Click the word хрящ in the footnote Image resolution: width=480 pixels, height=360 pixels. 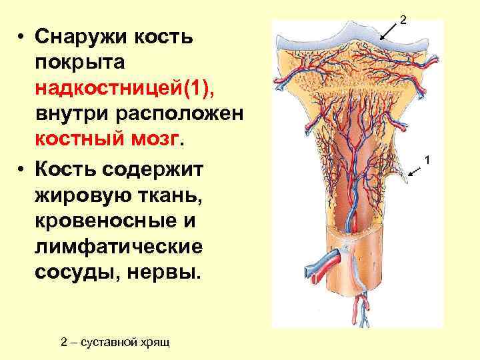coord(156,342)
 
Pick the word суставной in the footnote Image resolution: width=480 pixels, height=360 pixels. coord(113,342)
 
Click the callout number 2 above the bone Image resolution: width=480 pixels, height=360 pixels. coord(403,21)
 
